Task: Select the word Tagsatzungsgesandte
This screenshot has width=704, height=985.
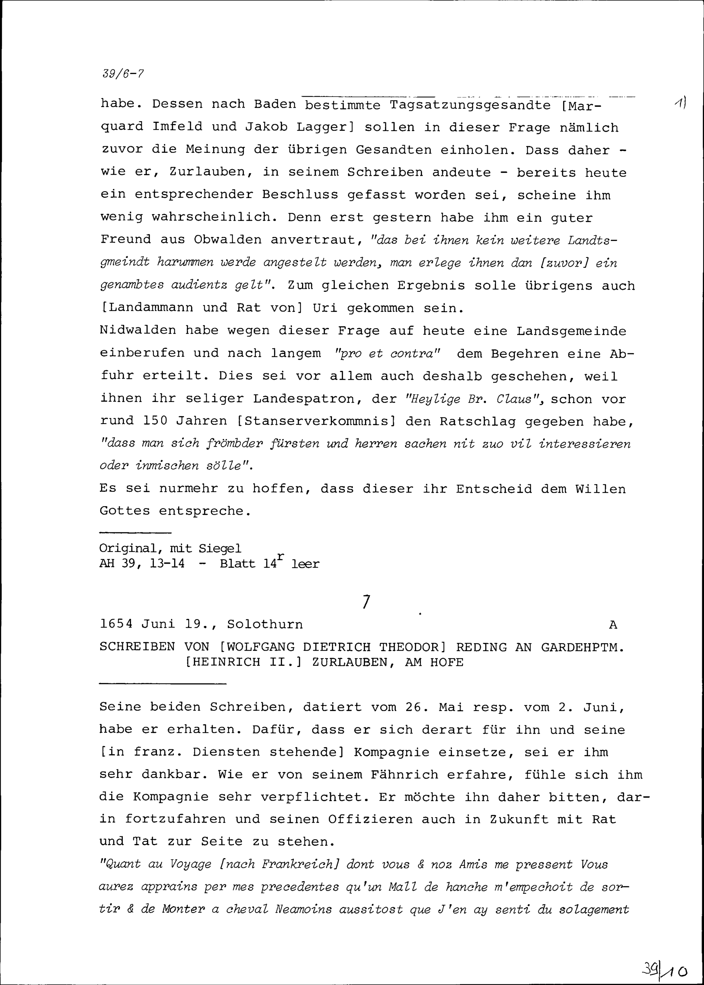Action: point(470,105)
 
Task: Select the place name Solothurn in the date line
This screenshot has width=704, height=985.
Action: point(265,625)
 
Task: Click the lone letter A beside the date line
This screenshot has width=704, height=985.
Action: point(612,625)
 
